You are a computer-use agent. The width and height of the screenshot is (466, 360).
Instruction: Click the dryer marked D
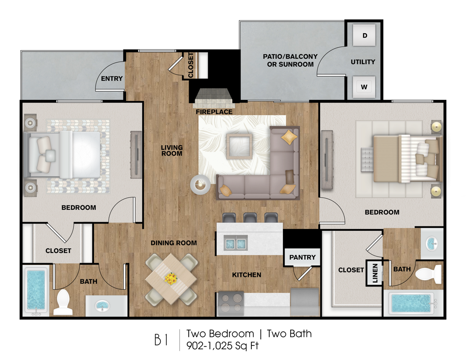pyautogui.click(x=364, y=35)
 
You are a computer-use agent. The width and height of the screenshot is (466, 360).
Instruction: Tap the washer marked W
pyautogui.click(x=364, y=87)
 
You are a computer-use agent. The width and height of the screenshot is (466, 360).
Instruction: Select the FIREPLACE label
pyautogui.click(x=214, y=112)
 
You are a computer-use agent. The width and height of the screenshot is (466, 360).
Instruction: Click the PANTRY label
pyautogui.click(x=302, y=257)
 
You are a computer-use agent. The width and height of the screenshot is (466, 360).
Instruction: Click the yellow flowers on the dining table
pyautogui.click(x=171, y=279)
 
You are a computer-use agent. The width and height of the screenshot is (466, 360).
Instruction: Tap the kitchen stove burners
pyautogui.click(x=230, y=303)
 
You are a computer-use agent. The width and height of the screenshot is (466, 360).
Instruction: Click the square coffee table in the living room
pyautogui.click(x=239, y=146)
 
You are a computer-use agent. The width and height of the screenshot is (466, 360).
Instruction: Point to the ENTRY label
pyautogui.click(x=112, y=78)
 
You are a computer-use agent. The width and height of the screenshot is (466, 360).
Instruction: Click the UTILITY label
pyautogui.click(x=363, y=62)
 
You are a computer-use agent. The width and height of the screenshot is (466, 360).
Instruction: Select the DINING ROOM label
pyautogui.click(x=174, y=243)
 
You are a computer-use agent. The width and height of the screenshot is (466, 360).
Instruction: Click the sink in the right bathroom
pyautogui.click(x=432, y=244)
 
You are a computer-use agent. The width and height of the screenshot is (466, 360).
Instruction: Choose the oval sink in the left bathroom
pyautogui.click(x=102, y=305)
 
